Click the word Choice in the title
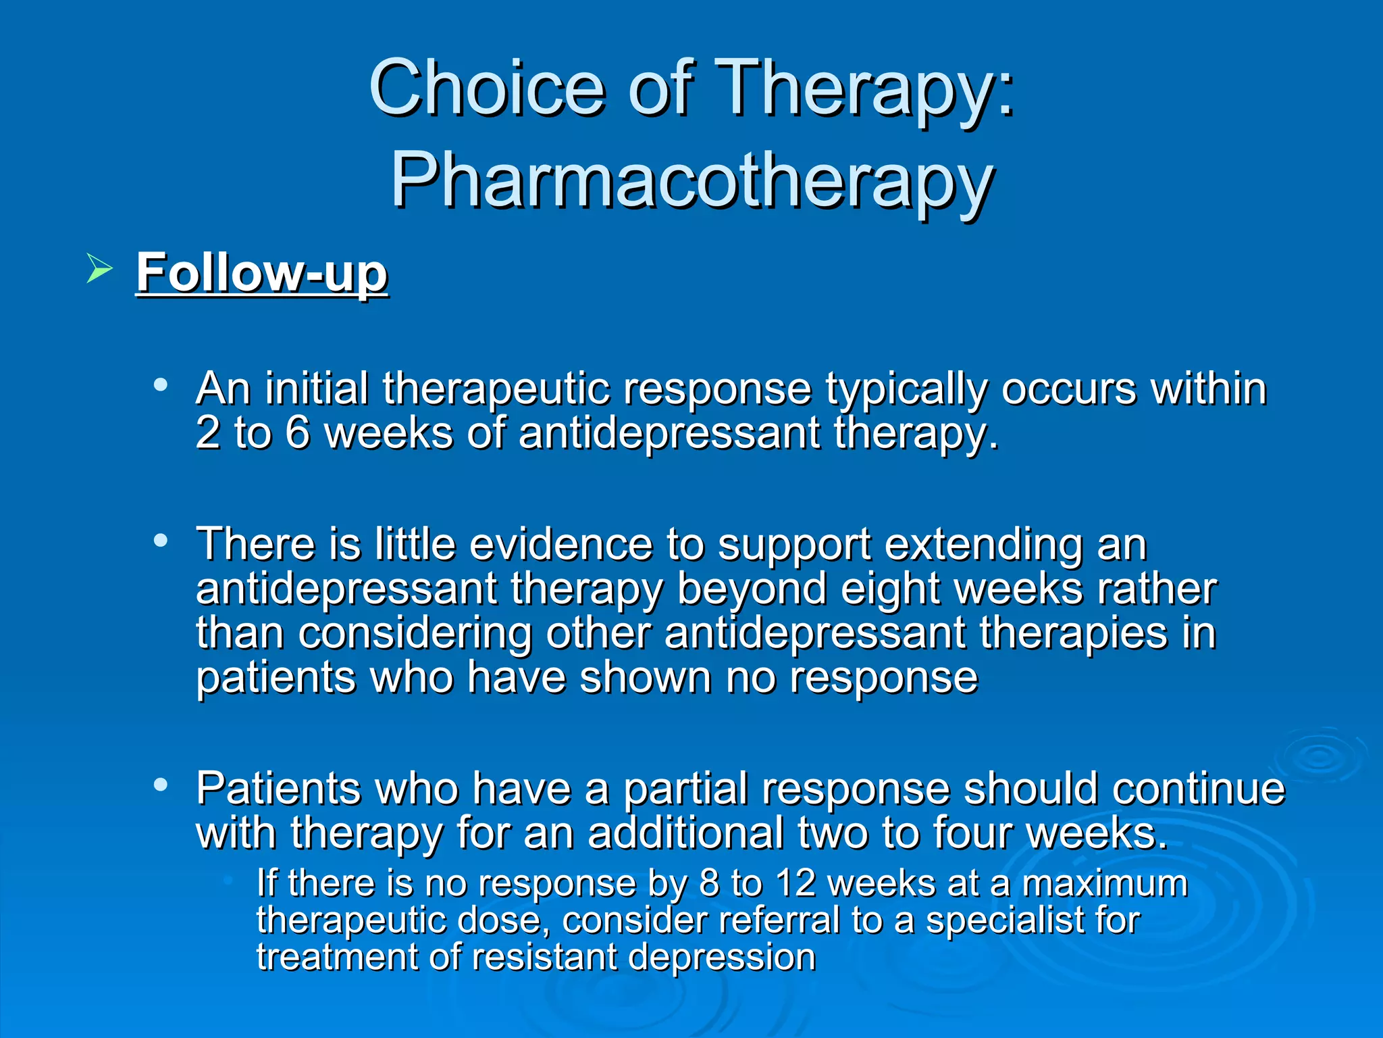coord(486,88)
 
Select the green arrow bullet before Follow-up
coord(99,270)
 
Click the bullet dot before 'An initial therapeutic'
coord(160,385)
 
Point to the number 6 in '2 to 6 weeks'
coord(297,432)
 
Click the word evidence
coord(560,544)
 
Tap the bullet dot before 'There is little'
coord(160,541)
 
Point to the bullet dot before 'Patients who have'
coord(160,785)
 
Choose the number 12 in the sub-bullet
coord(795,883)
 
